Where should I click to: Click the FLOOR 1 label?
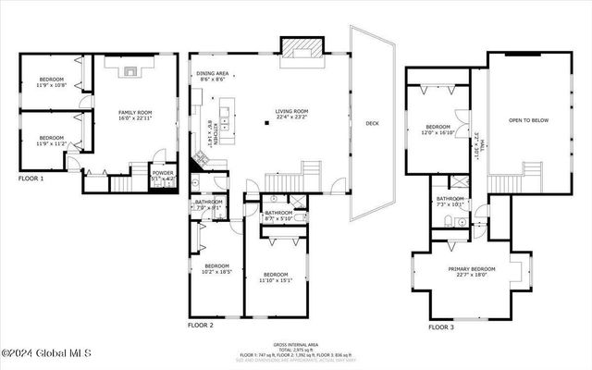click(31, 177)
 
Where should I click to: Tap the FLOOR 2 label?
click(201, 326)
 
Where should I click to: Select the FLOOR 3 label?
click(440, 327)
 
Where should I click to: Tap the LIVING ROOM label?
click(291, 113)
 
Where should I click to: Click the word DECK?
click(372, 123)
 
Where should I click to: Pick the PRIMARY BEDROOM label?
click(473, 269)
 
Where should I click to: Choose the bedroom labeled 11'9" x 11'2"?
click(51, 139)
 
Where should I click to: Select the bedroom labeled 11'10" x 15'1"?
click(276, 276)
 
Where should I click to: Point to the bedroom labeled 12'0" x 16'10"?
click(438, 129)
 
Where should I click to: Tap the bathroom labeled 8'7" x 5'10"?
click(278, 215)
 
